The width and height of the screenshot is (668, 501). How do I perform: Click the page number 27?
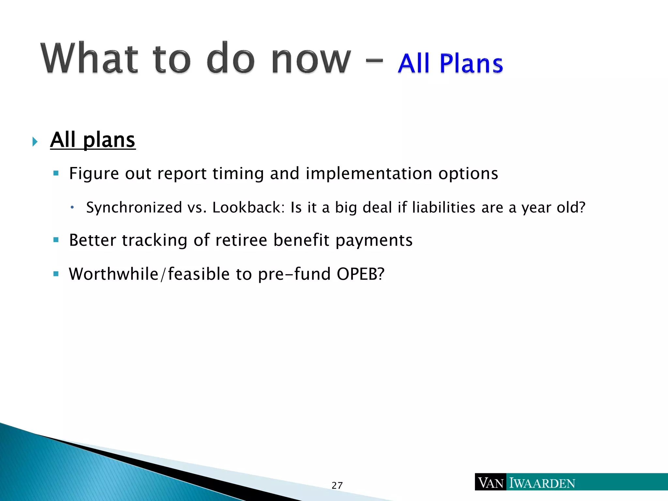(x=337, y=485)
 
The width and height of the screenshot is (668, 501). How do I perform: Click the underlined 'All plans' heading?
(x=93, y=140)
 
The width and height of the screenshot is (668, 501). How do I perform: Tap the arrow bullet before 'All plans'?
(x=35, y=142)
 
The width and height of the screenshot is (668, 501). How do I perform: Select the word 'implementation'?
(x=369, y=173)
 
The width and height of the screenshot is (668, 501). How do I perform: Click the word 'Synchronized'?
(x=134, y=207)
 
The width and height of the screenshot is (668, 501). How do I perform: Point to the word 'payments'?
(x=374, y=241)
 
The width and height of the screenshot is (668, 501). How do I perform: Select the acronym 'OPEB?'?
(x=360, y=274)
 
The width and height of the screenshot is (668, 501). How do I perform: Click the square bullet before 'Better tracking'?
(x=56, y=240)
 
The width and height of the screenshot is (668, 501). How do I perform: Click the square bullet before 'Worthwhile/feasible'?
(x=56, y=274)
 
